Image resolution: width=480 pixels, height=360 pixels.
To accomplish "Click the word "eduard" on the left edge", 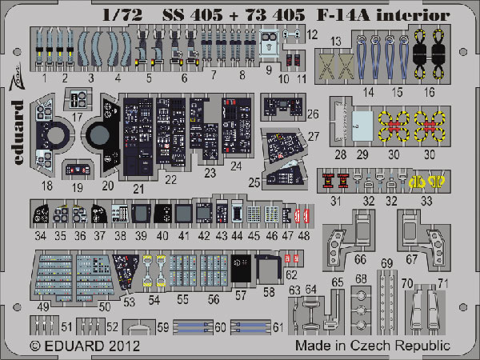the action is click(18, 132).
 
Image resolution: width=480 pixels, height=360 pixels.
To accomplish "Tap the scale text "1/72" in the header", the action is click(122, 14).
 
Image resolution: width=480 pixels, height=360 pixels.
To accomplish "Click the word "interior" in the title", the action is click(414, 14).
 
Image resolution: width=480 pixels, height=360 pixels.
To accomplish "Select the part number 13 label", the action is click(336, 41).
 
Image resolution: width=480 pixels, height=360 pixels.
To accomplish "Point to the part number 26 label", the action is click(313, 114).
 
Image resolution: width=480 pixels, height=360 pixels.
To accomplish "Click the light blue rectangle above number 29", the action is click(362, 126).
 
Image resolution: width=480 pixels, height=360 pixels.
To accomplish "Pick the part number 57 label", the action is click(241, 295).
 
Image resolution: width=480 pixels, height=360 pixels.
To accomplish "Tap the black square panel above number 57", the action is click(241, 268).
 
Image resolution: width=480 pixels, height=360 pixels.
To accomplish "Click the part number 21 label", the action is click(138, 189).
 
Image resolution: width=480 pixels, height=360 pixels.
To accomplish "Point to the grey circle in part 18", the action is click(55, 135).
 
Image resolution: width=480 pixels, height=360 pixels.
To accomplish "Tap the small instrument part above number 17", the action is click(78, 99).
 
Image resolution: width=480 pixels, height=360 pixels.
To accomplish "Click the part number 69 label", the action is click(387, 263).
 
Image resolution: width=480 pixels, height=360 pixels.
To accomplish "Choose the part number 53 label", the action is click(129, 302).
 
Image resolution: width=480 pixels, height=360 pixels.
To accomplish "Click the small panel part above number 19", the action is click(78, 170).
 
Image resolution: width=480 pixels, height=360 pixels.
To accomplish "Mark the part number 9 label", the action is click(269, 70).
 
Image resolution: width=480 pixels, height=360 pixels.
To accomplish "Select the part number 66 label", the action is click(360, 259).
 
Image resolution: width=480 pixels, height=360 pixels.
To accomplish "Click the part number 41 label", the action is click(183, 236).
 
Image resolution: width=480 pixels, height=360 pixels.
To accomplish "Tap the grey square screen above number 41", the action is click(184, 214).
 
